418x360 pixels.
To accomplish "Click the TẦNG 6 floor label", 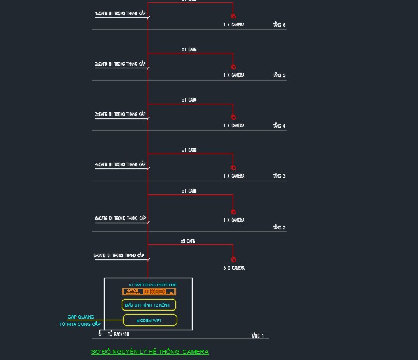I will click(279, 25).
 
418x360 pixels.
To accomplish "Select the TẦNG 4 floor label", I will click(279, 125).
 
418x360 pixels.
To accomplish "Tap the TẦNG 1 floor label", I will click(258, 335).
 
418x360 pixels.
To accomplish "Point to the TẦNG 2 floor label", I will click(279, 228).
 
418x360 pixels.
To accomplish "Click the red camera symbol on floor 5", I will click(233, 67).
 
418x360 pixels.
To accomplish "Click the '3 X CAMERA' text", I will click(233, 268).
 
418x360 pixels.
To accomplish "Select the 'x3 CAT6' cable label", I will click(188, 241).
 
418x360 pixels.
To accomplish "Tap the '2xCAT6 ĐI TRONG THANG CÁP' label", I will click(120, 64).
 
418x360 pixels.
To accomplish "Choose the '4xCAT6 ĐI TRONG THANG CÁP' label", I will click(120, 164).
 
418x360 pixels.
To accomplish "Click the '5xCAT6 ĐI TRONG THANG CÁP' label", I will click(120, 219).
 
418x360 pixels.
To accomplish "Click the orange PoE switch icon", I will click(148, 292).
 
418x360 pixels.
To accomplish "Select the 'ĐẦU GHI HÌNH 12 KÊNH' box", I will click(149, 305).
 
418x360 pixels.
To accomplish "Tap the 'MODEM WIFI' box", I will click(149, 320).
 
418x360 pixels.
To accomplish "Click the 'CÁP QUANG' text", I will click(80, 317).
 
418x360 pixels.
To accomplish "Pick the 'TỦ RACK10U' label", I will click(118, 334).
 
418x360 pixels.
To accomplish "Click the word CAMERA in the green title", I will click(195, 351).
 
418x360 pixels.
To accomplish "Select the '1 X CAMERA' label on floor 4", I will click(233, 125).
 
